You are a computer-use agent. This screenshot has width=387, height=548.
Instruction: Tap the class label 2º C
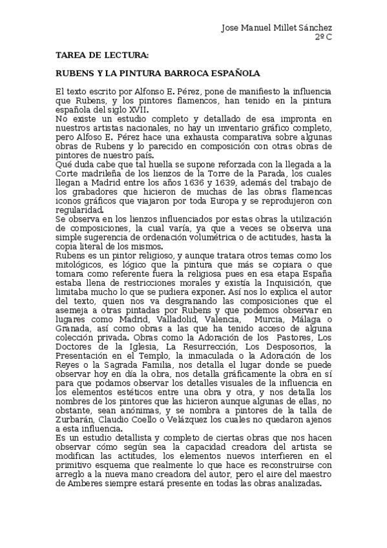(324, 37)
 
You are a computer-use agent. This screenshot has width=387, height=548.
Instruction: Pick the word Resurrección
(207, 346)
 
